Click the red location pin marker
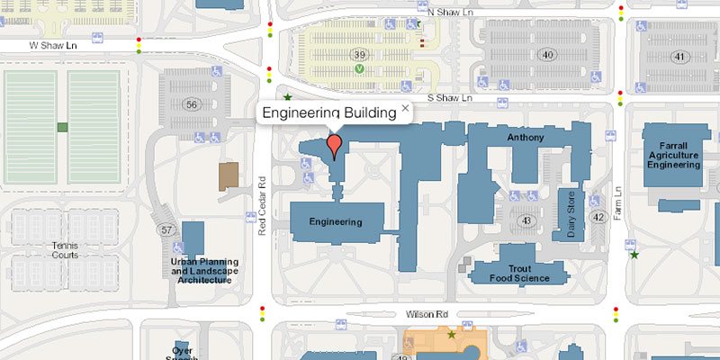[x=335, y=144]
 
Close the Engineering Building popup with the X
[x=405, y=108]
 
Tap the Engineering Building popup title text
[x=328, y=113]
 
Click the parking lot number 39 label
[x=360, y=56]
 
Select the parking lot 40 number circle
[x=547, y=55]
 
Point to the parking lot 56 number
[x=191, y=104]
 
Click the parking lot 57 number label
[x=166, y=230]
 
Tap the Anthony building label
[x=526, y=139]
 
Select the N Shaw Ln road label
[x=450, y=13]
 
